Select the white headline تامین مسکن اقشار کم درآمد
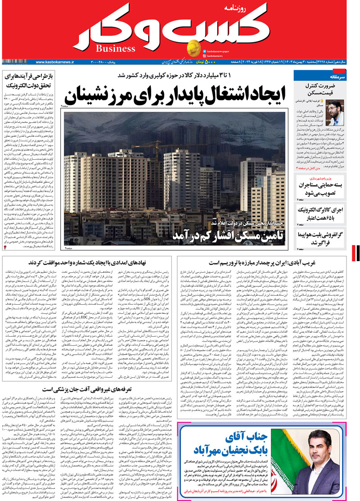[228, 237]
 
